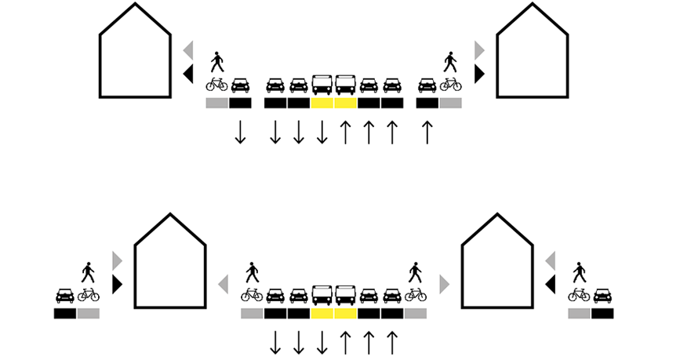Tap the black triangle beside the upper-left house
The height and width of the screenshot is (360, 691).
[188, 74]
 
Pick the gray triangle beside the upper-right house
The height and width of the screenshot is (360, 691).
[479, 50]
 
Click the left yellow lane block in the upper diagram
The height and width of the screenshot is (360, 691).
[322, 103]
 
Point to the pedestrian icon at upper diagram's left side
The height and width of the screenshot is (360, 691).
[216, 62]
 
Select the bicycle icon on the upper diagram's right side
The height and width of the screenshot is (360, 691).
[450, 84]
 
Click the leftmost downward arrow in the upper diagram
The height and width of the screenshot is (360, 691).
[240, 132]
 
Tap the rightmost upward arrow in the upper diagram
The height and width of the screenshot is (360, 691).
[427, 132]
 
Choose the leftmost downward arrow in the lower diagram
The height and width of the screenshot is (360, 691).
[275, 343]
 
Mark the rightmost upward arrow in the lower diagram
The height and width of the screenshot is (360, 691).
[392, 343]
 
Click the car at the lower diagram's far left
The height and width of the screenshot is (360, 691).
[65, 295]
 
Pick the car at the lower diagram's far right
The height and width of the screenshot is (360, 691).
[602, 295]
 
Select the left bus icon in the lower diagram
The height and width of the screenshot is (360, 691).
[322, 294]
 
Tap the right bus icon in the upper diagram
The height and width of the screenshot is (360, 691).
[345, 84]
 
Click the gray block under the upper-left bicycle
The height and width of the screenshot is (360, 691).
[216, 103]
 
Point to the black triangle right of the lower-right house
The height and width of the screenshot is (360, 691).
[551, 284]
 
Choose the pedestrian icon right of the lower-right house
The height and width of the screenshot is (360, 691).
[579, 272]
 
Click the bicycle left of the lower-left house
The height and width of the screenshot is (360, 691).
[89, 295]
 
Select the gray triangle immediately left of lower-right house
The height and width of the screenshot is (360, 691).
[445, 283]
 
